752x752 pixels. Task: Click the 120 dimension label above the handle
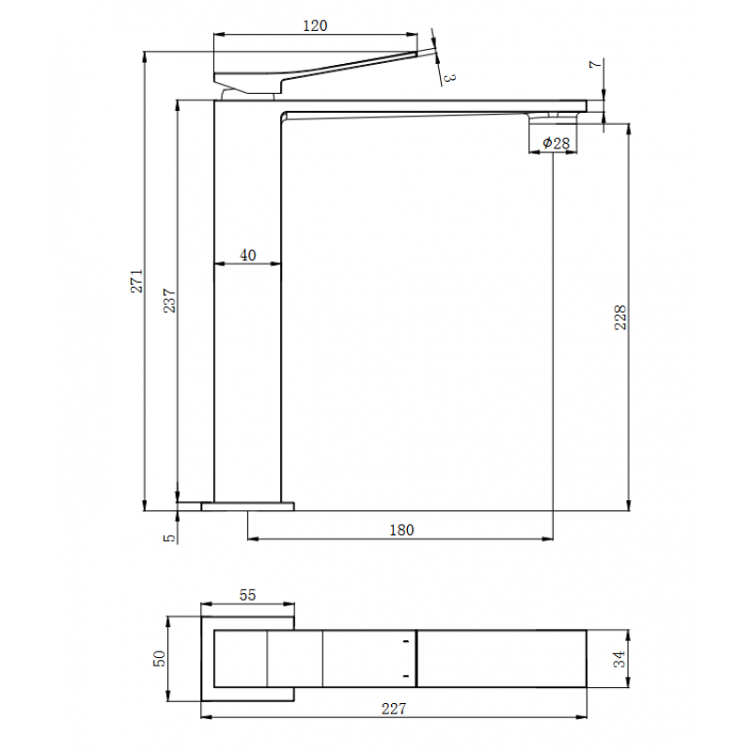click(x=315, y=25)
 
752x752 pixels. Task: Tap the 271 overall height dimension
click(x=136, y=281)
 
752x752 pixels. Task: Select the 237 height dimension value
click(x=169, y=301)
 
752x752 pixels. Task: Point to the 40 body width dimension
click(x=248, y=255)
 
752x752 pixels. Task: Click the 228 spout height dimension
click(x=620, y=318)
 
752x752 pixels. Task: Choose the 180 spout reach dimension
click(x=401, y=530)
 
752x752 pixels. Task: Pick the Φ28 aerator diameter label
click(x=556, y=143)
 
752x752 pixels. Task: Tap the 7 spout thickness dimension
click(x=595, y=64)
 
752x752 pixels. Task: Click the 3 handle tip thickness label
click(x=449, y=78)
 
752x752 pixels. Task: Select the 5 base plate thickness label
click(x=169, y=538)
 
